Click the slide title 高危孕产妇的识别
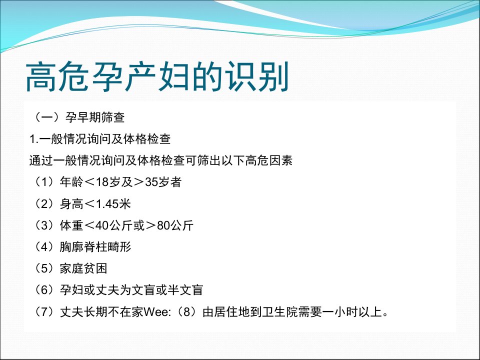tap(157, 76)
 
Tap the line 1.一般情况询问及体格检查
tap(100, 139)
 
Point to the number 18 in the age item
tap(102, 182)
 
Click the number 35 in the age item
tap(151, 182)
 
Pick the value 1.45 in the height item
tap(107, 204)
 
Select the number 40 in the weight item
tap(102, 225)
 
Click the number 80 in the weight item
tap(163, 225)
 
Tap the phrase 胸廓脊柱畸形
tap(95, 247)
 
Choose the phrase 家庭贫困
tap(83, 269)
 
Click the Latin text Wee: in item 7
tap(157, 312)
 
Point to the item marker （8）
tap(186, 312)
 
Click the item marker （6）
tap(44, 290)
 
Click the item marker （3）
tap(44, 225)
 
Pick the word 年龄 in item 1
tap(71, 182)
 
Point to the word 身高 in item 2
tap(71, 204)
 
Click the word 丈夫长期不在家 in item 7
tap(101, 312)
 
